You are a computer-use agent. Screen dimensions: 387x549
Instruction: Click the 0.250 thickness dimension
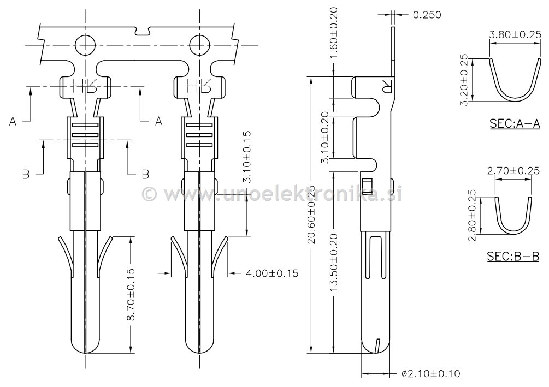point(427,15)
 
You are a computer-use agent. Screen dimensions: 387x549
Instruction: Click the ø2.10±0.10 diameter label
point(430,374)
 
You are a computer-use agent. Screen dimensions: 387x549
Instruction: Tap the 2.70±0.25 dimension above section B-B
point(513,171)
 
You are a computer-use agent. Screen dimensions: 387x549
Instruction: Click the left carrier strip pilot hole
point(85,44)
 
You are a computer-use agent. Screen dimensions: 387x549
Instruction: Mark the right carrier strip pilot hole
point(199,44)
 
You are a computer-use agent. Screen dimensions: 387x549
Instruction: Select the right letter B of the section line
point(145,174)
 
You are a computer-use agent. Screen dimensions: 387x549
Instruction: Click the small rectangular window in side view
point(367,187)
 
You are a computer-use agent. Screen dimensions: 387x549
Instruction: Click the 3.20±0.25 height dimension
point(465,80)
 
